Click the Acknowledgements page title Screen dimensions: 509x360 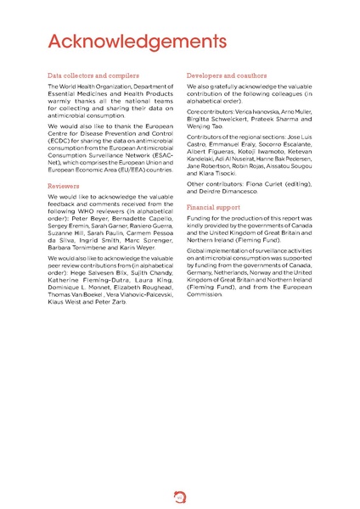click(x=136, y=42)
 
